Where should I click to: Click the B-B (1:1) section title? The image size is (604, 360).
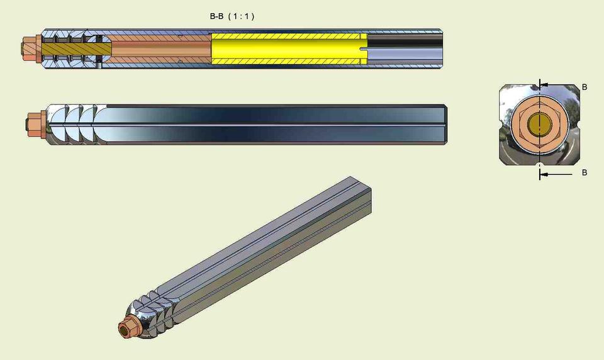coord(232,17)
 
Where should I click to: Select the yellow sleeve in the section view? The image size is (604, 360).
coord(288,48)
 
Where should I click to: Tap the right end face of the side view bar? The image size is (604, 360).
coord(445,124)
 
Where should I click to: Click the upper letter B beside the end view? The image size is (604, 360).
coord(584,87)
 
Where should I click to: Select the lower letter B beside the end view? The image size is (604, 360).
coord(584,172)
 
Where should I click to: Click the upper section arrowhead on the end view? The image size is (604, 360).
coord(543,84)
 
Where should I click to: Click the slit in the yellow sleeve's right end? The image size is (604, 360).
coord(364,48)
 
